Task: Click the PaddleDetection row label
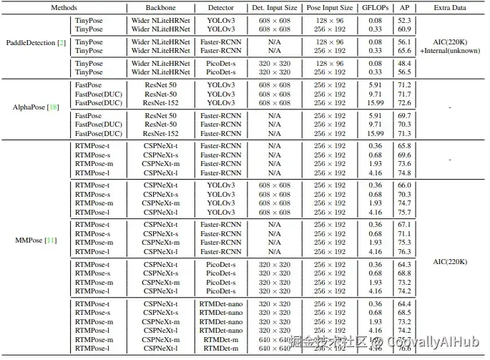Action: [36, 43]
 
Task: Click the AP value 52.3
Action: [423, 20]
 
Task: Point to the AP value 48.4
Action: [423, 64]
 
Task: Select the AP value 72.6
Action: [423, 102]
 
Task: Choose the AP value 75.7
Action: [423, 212]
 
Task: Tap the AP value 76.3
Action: [423, 251]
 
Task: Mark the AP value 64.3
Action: [423, 264]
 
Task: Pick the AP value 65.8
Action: [423, 145]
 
